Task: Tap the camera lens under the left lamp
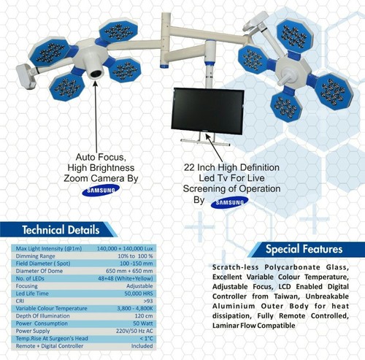[x=96, y=74]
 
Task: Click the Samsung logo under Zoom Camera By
[x=101, y=191]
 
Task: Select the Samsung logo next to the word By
[x=229, y=202]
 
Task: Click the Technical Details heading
[x=61, y=230]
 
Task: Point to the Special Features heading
[x=304, y=249]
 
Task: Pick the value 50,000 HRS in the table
[x=139, y=294]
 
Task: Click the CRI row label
[x=20, y=301]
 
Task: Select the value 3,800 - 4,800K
[x=135, y=308]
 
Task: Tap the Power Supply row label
[x=33, y=331]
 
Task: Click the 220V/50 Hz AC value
[x=134, y=331]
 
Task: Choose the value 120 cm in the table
[x=144, y=316]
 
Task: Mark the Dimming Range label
[x=35, y=256]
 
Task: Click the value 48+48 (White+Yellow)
[x=126, y=278]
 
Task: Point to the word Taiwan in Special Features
[x=287, y=296]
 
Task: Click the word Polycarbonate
[x=292, y=267]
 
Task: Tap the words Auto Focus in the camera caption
[x=101, y=157]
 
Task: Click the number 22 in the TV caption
[x=189, y=168]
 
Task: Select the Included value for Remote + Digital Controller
[x=142, y=346]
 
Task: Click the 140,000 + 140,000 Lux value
[x=125, y=248]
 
